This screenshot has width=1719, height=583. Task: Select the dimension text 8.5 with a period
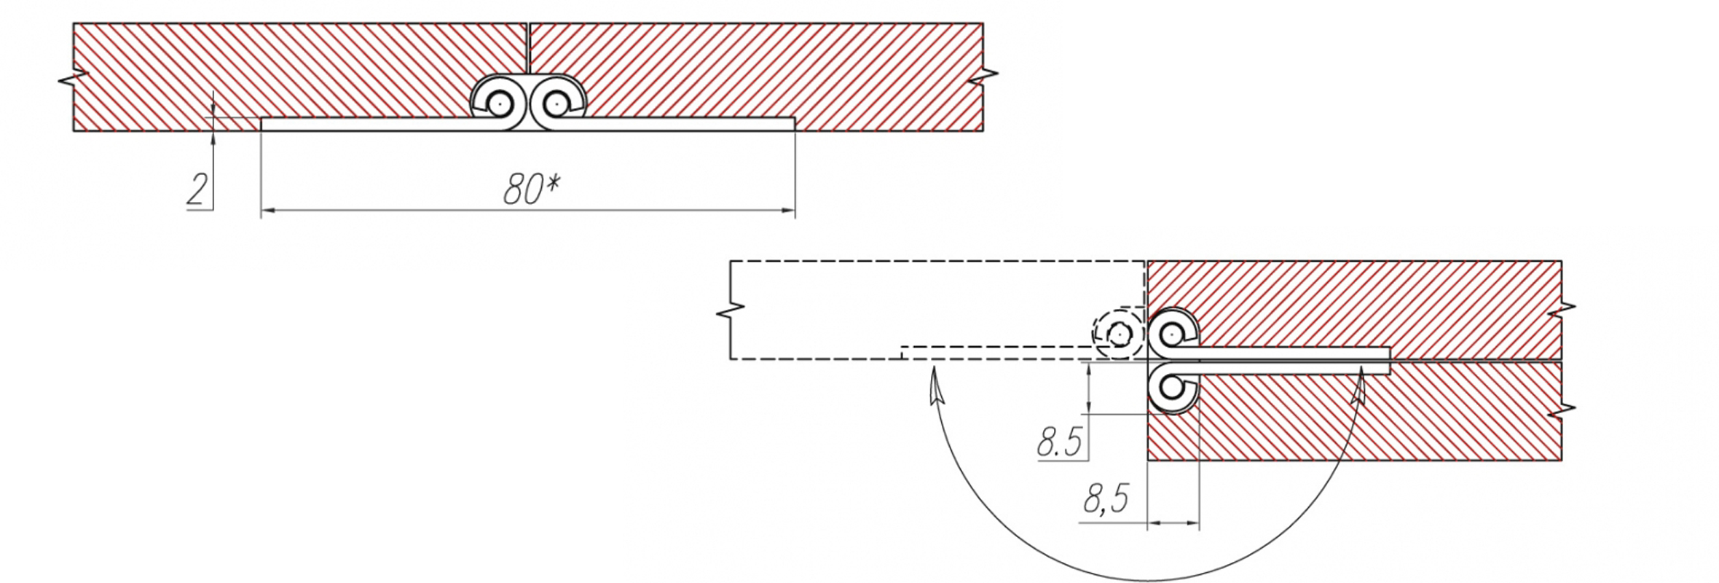(x=1060, y=442)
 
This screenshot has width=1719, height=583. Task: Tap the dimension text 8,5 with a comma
(x=1106, y=501)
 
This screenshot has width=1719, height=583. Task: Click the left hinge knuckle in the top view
(x=498, y=103)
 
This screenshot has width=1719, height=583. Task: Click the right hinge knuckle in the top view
(x=556, y=103)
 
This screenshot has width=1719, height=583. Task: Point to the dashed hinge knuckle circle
(x=1118, y=334)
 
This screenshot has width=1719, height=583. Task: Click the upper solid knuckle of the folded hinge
(x=1171, y=334)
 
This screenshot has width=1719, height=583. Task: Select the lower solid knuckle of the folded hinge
(x=1171, y=387)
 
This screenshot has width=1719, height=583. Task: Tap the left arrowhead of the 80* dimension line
(x=267, y=211)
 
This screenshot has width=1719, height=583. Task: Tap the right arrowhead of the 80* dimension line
(x=788, y=211)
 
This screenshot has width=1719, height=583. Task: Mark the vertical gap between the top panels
(x=528, y=48)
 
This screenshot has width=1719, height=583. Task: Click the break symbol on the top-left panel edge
(x=70, y=77)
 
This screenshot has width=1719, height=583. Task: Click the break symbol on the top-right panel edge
(x=988, y=74)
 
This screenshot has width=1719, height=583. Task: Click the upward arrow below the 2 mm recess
(x=213, y=138)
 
